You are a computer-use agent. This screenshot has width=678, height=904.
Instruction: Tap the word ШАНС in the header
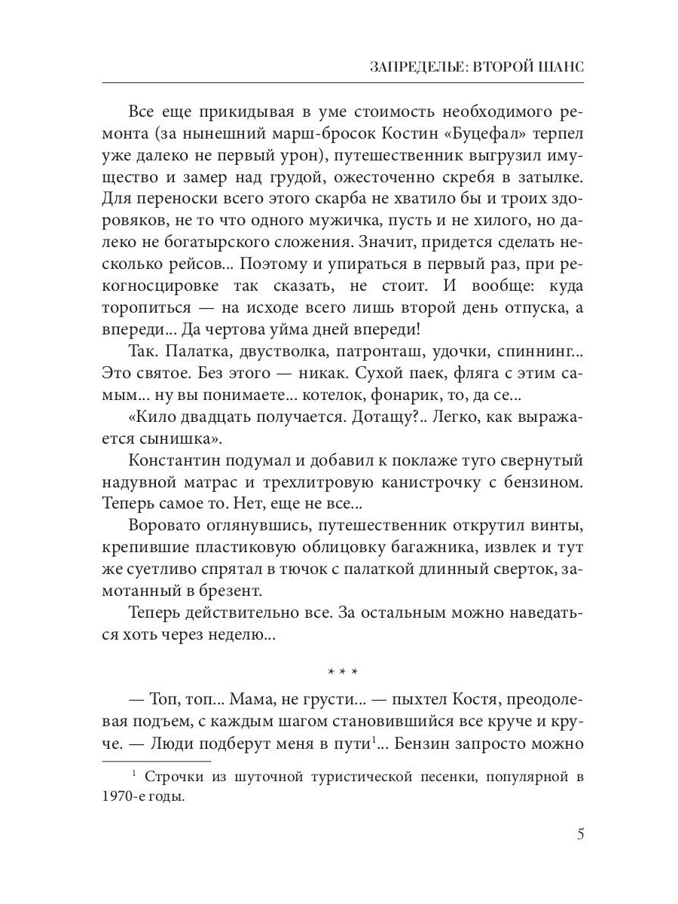(x=562, y=66)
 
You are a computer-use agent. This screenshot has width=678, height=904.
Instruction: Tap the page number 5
(x=579, y=834)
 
